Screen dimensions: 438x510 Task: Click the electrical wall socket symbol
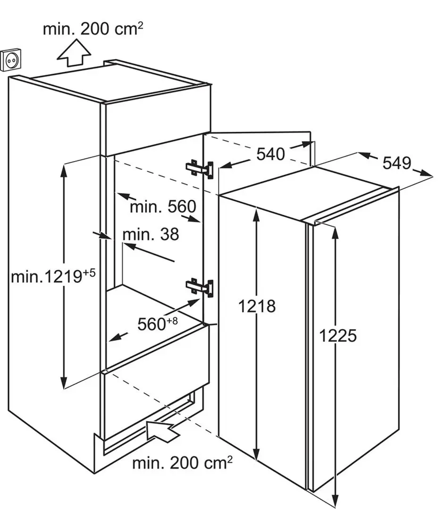[x=11, y=59]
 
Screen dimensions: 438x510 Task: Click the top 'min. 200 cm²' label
[x=93, y=29]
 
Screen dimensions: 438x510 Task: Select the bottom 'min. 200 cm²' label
[x=182, y=462]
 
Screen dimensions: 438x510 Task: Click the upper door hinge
[x=200, y=169]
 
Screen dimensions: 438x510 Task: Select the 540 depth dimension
[x=270, y=153]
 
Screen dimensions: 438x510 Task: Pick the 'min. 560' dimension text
[x=163, y=206]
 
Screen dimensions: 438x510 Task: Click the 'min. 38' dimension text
[x=151, y=234]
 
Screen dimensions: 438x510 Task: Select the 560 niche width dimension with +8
[x=158, y=323]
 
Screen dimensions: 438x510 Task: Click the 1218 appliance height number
[x=257, y=306]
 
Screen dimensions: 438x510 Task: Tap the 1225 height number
[x=338, y=335]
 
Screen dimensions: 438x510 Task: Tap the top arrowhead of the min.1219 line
[x=64, y=170]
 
